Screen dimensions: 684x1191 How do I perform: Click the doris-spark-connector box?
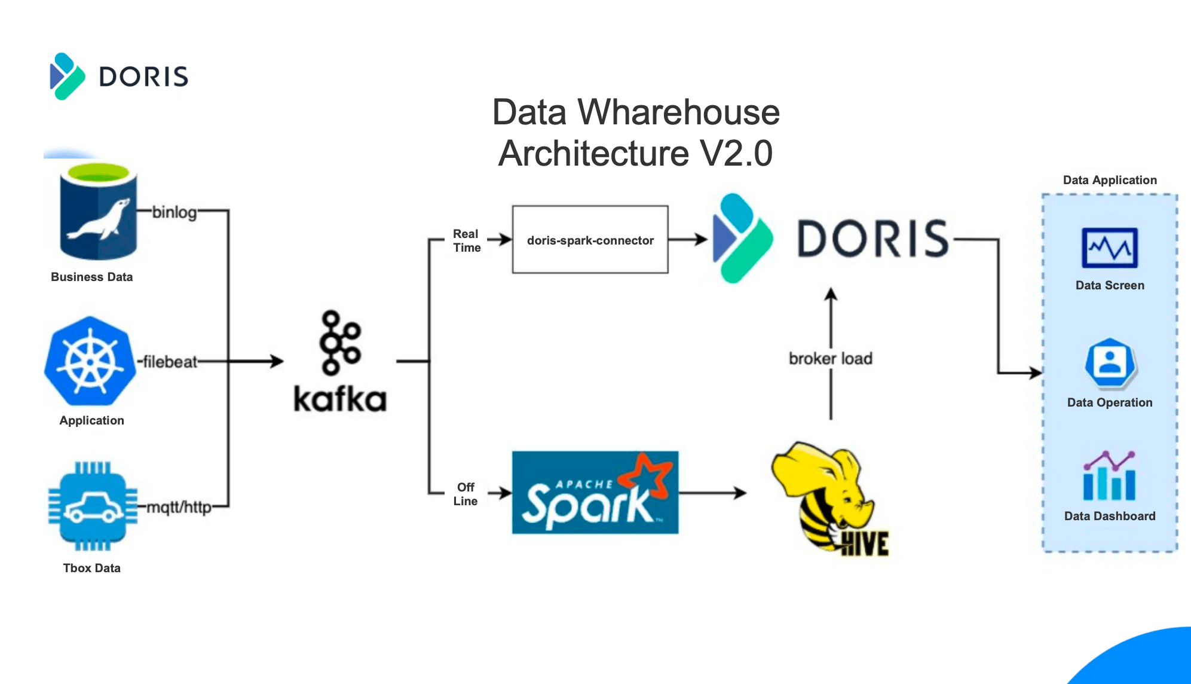pyautogui.click(x=590, y=240)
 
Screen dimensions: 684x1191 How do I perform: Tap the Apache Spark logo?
pyautogui.click(x=595, y=493)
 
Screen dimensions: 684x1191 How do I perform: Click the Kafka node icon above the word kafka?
pyautogui.click(x=341, y=342)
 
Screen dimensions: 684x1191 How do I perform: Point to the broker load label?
pyautogui.click(x=831, y=359)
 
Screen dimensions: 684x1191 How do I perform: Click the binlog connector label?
pyautogui.click(x=174, y=212)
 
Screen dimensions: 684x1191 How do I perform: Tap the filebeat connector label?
pyautogui.click(x=170, y=362)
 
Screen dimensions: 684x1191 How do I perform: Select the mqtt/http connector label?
pyautogui.click(x=179, y=508)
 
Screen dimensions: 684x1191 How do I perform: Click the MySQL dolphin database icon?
pyautogui.click(x=99, y=212)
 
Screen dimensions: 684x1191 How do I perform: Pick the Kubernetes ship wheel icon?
pyautogui.click(x=90, y=361)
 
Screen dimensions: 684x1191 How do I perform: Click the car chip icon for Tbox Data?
pyautogui.click(x=92, y=506)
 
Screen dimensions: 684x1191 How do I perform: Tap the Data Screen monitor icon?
pyautogui.click(x=1110, y=248)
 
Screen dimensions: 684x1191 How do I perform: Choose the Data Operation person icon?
pyautogui.click(x=1110, y=362)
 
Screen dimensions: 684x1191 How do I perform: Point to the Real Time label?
pyautogui.click(x=466, y=240)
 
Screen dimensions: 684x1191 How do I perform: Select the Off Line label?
pyautogui.click(x=465, y=494)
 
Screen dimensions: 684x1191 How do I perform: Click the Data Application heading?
pyautogui.click(x=1110, y=180)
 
